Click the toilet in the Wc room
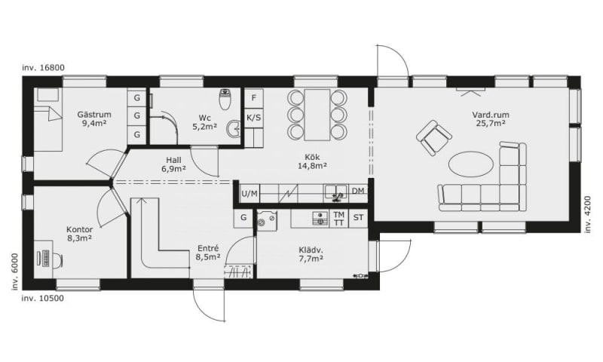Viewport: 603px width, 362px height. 224,100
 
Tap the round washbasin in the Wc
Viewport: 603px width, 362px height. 234,129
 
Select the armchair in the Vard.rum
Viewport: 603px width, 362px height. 434,137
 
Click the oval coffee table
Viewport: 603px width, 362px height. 470,164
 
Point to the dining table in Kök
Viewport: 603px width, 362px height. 317,115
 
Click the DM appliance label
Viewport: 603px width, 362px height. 357,191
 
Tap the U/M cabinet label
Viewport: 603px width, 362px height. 249,194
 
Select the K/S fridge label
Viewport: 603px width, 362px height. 254,118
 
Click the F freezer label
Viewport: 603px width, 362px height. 254,98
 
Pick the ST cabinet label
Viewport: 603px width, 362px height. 359,218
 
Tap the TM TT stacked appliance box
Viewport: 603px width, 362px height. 338,219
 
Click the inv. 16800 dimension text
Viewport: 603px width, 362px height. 43,68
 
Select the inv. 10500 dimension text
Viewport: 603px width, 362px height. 43,298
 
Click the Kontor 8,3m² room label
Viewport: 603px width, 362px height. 80,234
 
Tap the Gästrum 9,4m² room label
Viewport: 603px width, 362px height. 94,118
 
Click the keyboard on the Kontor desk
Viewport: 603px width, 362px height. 45,258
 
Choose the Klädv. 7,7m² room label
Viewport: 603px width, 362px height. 311,254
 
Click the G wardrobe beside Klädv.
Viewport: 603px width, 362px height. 243,218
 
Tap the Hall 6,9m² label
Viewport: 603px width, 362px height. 174,164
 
